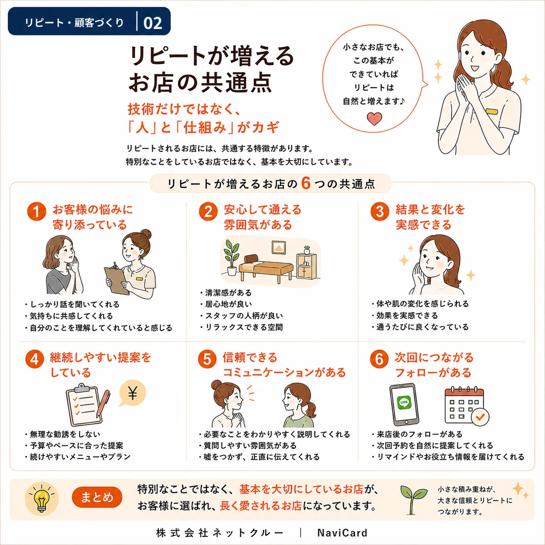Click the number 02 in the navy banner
coord(153,23)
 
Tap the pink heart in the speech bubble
coord(374,119)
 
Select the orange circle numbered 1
coord(37,212)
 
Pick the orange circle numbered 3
coord(380,211)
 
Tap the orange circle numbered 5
coord(207,359)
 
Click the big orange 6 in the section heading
coord(306,183)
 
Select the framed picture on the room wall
coord(279,247)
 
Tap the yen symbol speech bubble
coord(132,394)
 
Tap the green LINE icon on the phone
coord(404,402)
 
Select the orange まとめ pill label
coord(97,497)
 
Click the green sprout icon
coord(413,499)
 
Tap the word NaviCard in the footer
coord(342,532)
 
